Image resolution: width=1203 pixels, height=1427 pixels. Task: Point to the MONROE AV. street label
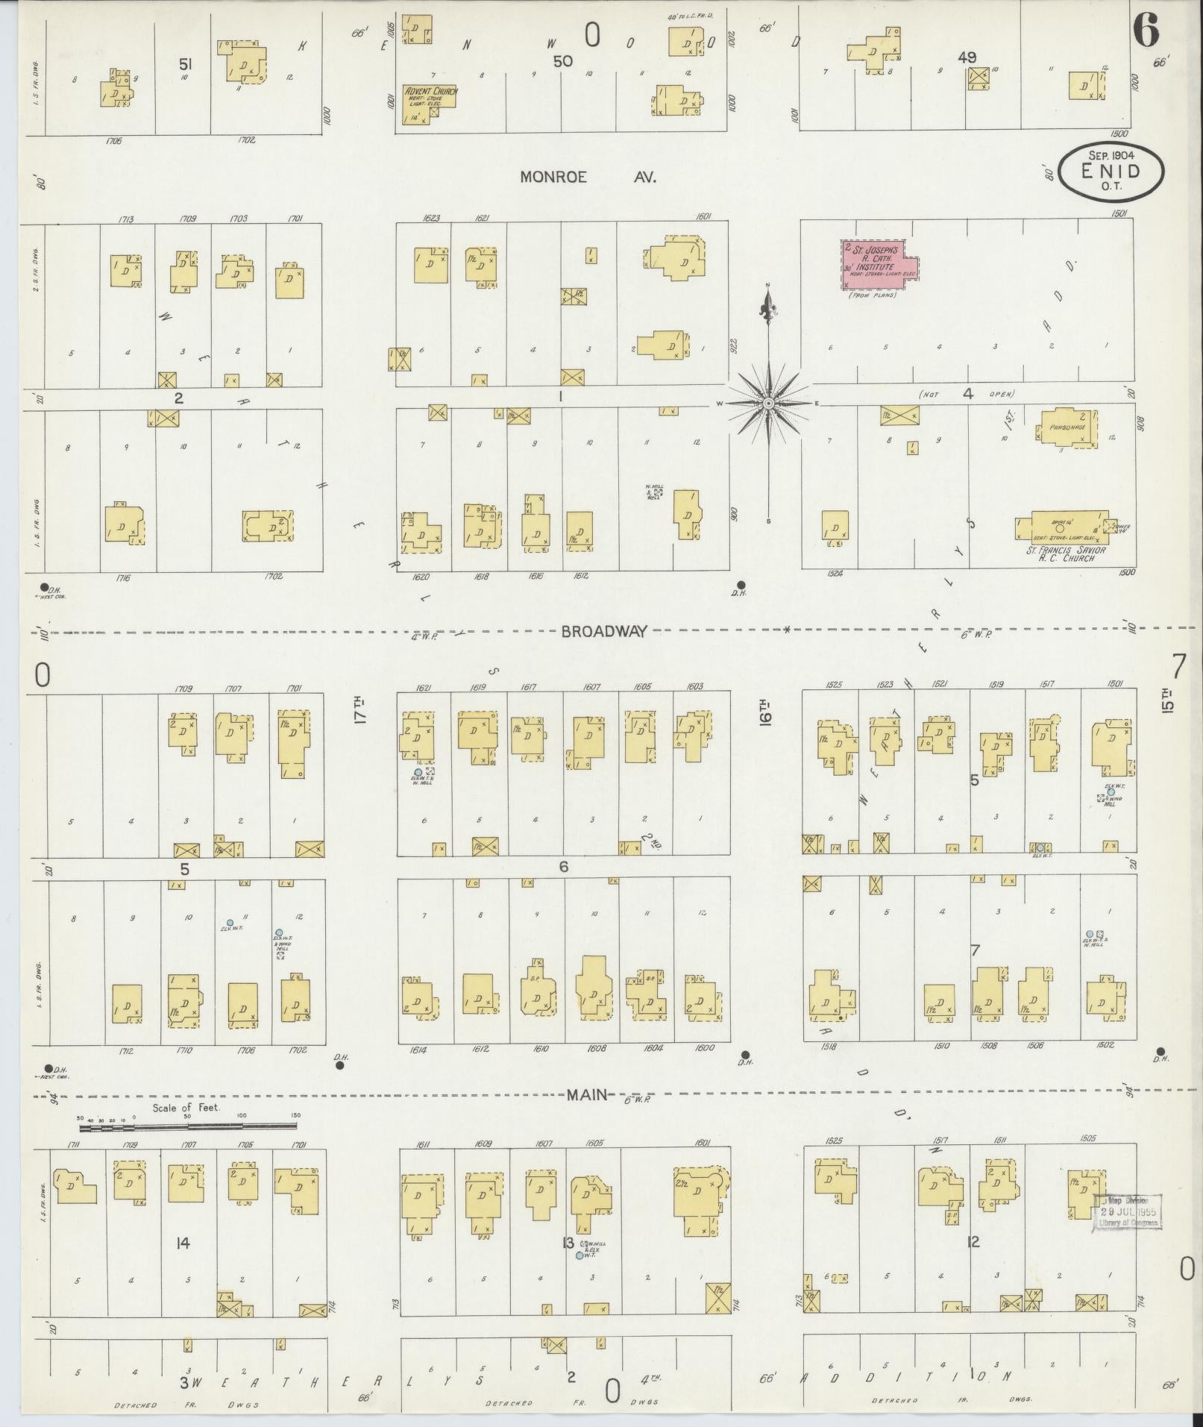tap(588, 178)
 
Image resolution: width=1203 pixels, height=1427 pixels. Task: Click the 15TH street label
tap(1168, 702)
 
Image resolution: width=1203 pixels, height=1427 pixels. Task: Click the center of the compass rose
tap(767, 403)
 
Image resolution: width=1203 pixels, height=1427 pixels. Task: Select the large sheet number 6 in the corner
tap(1146, 31)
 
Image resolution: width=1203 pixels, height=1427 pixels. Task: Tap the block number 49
tap(968, 57)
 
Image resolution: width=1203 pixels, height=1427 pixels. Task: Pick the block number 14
tap(183, 1243)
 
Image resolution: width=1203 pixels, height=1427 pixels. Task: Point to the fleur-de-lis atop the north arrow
tap(767, 304)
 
